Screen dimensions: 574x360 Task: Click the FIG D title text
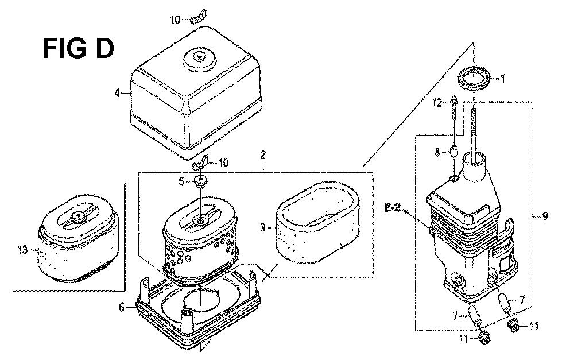tap(78, 49)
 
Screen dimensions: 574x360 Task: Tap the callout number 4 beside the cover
tap(117, 93)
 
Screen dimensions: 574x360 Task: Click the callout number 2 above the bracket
tap(263, 154)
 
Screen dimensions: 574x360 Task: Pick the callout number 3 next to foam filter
tap(263, 227)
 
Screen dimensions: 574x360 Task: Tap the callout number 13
tap(23, 250)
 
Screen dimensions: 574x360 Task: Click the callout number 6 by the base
tap(122, 308)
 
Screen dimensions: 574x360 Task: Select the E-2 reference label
tap(392, 208)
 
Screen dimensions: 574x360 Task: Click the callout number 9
tap(545, 216)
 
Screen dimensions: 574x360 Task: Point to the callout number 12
tap(437, 103)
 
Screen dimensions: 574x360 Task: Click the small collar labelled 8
tap(454, 151)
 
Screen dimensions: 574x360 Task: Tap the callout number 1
tap(503, 78)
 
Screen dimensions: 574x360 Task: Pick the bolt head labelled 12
tap(453, 99)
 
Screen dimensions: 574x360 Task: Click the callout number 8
tap(437, 152)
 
